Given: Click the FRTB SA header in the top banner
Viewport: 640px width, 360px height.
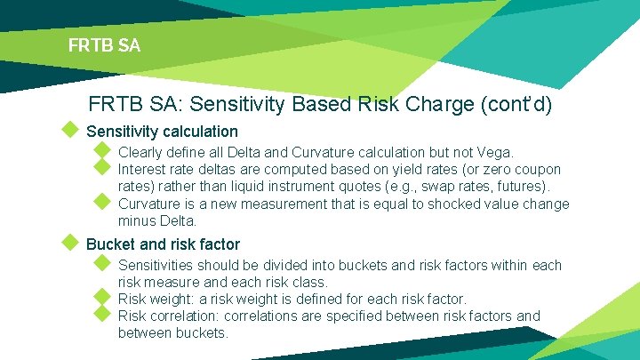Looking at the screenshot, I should coord(104,44).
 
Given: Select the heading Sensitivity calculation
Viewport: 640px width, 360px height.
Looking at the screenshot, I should coord(162,132).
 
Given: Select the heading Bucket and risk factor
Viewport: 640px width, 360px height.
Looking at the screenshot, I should coord(163,244).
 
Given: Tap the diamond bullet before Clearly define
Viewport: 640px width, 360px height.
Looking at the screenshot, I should coord(101,151).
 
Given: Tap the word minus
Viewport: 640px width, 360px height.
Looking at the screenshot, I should coord(136,220).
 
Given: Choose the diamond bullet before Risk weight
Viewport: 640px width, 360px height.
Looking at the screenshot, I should coord(101,297).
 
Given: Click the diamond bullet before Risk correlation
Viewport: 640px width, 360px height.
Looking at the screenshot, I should coord(101,314).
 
